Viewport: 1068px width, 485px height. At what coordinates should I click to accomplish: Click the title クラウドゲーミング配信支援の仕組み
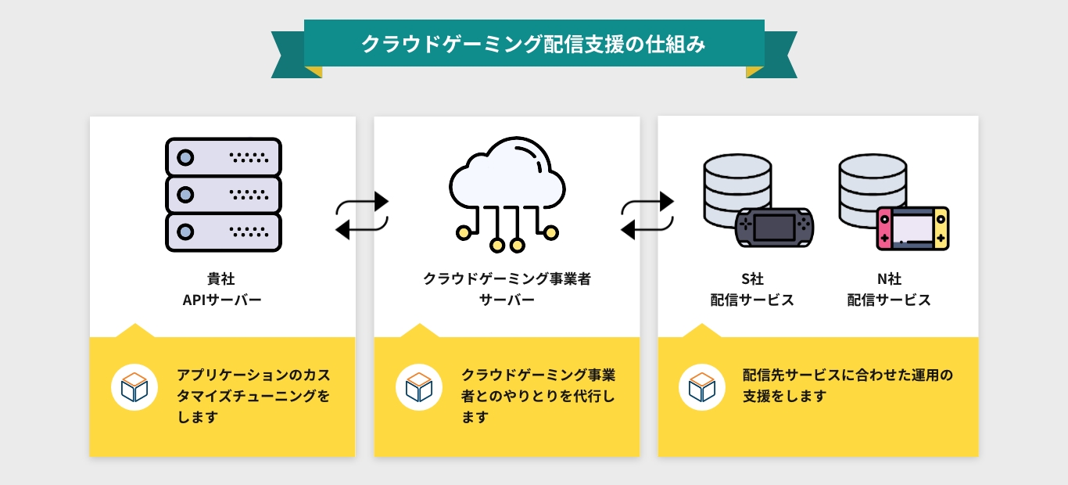(533, 45)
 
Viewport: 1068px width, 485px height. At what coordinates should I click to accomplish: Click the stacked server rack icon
(223, 195)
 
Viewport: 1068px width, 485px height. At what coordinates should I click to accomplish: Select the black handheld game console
(775, 228)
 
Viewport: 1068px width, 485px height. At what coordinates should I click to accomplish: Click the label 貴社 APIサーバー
(223, 289)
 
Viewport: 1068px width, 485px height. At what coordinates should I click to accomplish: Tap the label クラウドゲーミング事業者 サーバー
(507, 289)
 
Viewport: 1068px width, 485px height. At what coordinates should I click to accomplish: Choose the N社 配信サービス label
(889, 289)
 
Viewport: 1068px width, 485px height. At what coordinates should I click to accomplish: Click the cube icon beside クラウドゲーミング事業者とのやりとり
(419, 387)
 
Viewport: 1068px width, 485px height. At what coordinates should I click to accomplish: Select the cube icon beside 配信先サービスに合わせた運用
(701, 387)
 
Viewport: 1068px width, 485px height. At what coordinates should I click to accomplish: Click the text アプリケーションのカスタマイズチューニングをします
(253, 396)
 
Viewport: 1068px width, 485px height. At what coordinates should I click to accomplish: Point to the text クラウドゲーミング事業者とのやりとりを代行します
(538, 396)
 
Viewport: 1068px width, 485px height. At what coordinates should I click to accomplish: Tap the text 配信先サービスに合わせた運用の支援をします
(848, 386)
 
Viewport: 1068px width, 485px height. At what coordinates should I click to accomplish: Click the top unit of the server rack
(223, 157)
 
